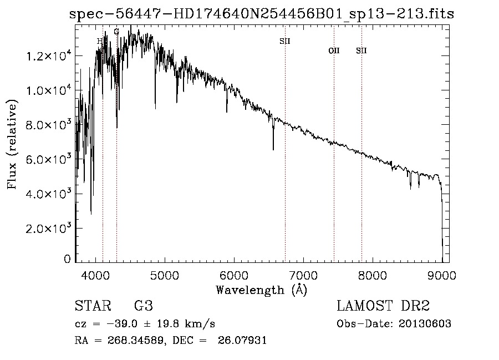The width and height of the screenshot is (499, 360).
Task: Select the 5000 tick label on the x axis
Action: pos(165,274)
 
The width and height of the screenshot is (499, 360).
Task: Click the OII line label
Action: pos(334,51)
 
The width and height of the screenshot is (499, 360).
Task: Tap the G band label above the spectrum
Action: pos(116,32)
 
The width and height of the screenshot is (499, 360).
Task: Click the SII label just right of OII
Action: pos(361,51)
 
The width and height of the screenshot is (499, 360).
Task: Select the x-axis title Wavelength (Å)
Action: pos(261,290)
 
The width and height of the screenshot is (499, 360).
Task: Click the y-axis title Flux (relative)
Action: pos(12,144)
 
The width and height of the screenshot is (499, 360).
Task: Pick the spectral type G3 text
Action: pos(144,306)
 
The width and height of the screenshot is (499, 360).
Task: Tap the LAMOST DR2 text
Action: pos(383,306)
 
